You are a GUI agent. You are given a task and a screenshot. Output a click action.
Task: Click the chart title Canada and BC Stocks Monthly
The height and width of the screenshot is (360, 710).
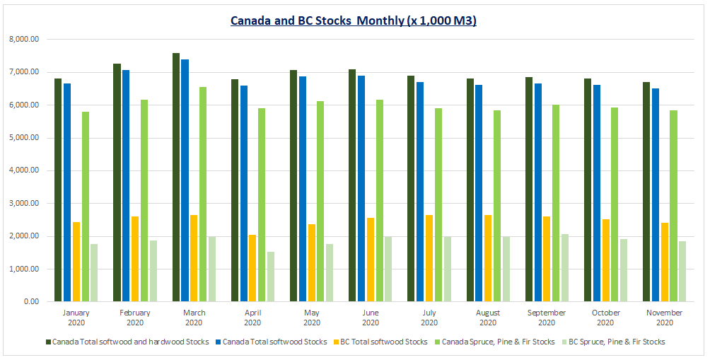pyautogui.click(x=354, y=21)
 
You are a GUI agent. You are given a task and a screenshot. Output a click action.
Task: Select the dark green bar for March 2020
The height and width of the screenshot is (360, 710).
pyautogui.click(x=176, y=178)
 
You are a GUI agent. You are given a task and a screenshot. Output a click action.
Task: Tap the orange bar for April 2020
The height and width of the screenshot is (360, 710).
pyautogui.click(x=252, y=268)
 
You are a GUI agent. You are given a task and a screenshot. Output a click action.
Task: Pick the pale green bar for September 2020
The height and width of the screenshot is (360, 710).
pyautogui.click(x=564, y=268)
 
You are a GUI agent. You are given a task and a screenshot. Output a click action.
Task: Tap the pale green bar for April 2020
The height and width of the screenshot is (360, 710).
pyautogui.click(x=270, y=277)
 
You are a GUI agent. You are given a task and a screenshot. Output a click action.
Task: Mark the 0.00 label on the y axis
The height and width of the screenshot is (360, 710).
pyautogui.click(x=30, y=302)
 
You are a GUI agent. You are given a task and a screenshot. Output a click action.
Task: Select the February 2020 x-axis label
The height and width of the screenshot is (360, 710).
pyautogui.click(x=135, y=317)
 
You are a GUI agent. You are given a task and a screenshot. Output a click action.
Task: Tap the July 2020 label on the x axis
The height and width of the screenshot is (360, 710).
pyautogui.click(x=429, y=317)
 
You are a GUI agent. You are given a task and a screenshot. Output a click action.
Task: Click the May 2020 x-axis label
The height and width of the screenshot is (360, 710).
pyautogui.click(x=311, y=317)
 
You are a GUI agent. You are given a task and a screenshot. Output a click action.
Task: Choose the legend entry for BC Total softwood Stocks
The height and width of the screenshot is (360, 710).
pyautogui.click(x=384, y=342)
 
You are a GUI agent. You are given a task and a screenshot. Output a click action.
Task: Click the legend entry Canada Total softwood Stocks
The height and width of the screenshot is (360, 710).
pyautogui.click(x=274, y=342)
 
